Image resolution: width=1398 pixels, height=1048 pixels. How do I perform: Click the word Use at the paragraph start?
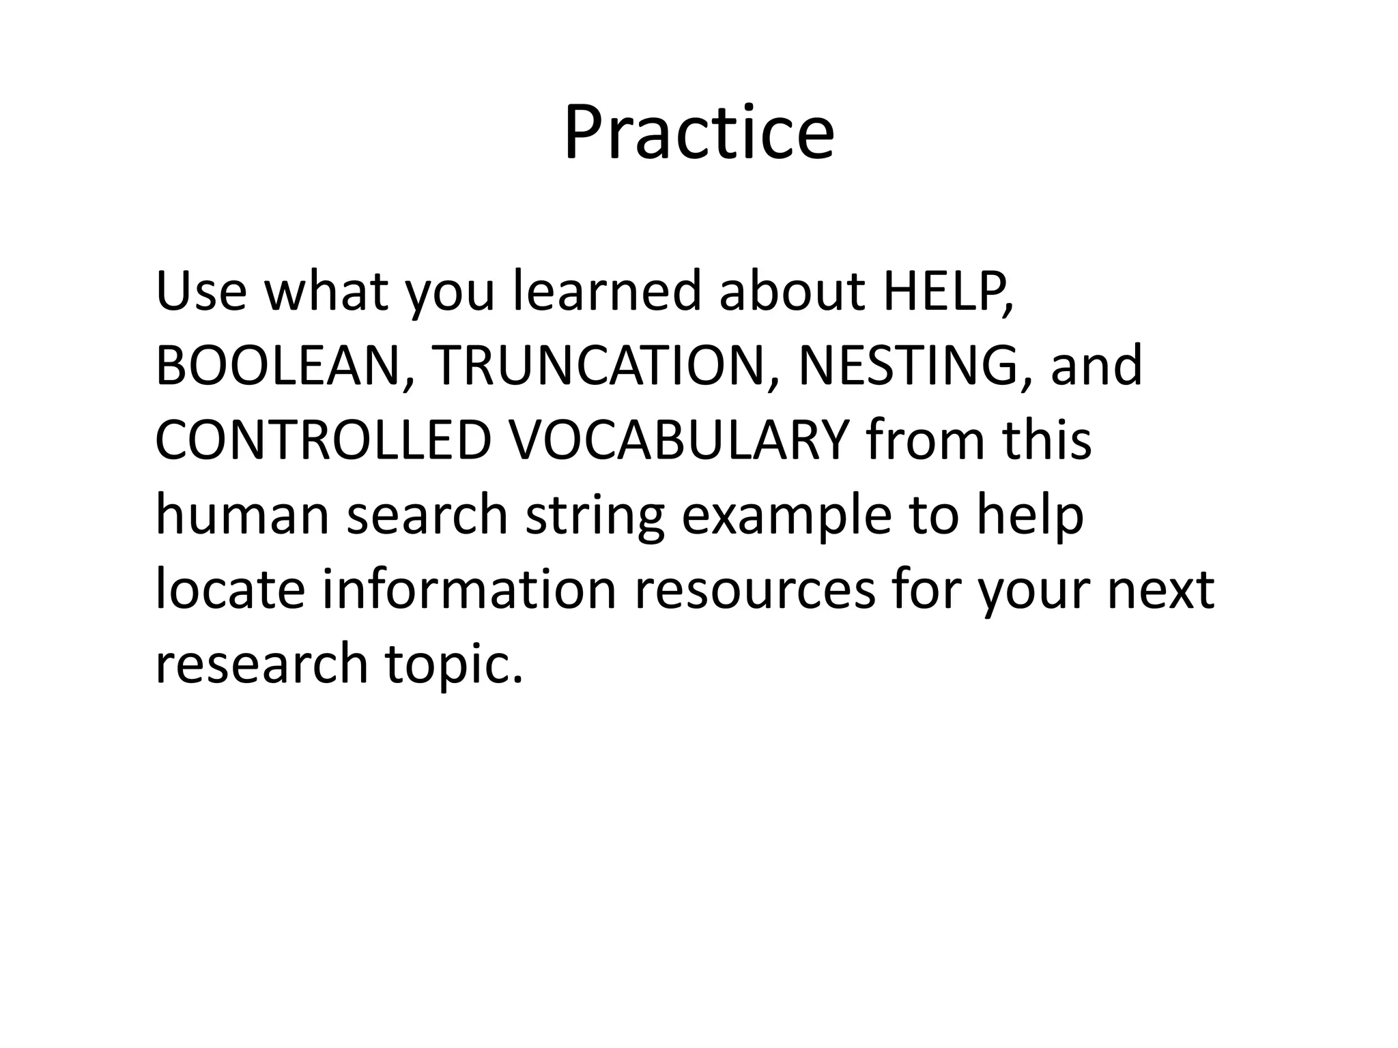tap(201, 290)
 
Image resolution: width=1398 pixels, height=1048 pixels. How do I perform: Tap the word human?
tap(242, 514)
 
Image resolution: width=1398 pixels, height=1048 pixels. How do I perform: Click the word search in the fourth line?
tap(427, 514)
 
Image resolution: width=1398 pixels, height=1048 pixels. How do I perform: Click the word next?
tap(1160, 591)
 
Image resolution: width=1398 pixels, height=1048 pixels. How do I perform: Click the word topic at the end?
tap(453, 665)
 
